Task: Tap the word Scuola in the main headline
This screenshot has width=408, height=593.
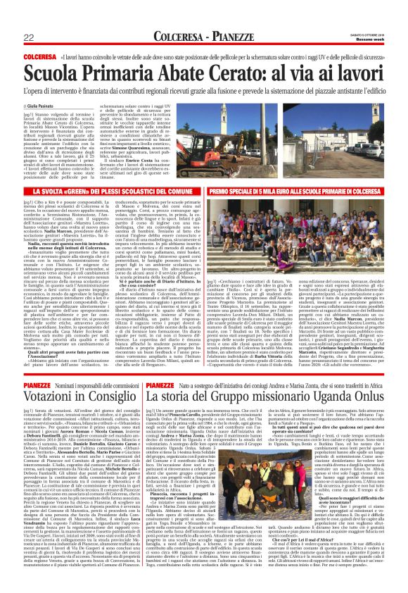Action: pos(51,70)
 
